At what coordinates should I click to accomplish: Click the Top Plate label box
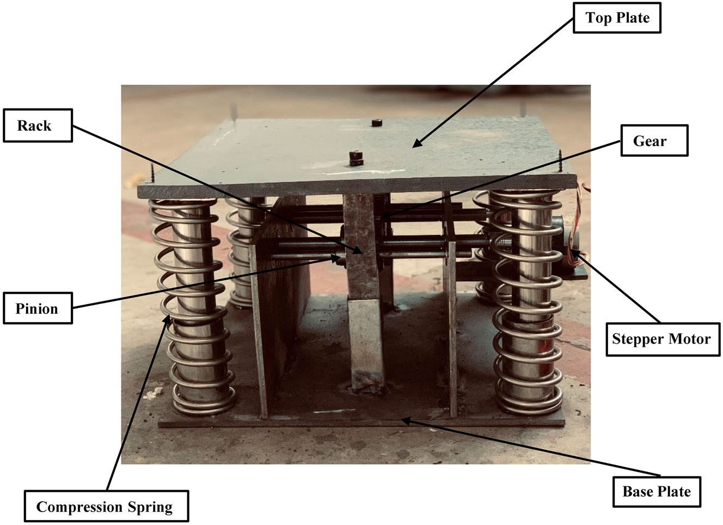coord(617,18)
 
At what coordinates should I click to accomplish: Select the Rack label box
coord(38,125)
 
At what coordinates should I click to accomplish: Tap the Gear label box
coord(654,141)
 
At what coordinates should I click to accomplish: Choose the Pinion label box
coord(38,309)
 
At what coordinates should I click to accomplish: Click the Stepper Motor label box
coord(662,339)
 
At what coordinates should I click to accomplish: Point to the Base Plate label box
coord(657,492)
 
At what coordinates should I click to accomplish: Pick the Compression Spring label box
coord(106,507)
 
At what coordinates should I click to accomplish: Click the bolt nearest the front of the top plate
coord(356,158)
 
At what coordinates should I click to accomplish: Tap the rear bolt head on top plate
coord(376,123)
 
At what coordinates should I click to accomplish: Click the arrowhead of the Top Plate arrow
coord(415,146)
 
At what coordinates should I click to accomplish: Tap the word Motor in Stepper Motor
coord(689,339)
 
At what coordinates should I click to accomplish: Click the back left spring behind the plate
coord(240,251)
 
